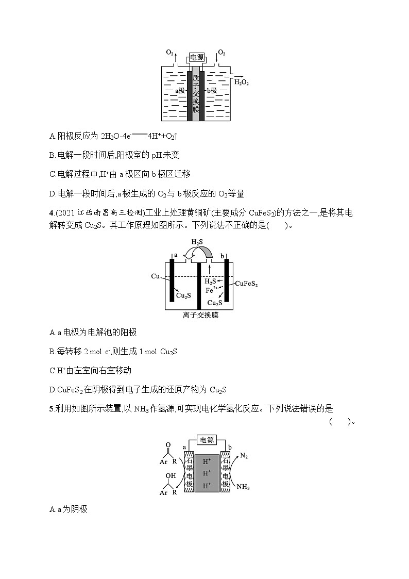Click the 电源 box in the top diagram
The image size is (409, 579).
click(x=196, y=58)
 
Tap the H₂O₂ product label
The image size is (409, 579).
click(x=242, y=82)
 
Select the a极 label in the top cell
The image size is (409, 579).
click(x=180, y=90)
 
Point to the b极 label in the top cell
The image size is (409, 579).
click(x=212, y=90)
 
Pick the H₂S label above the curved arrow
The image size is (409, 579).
click(x=197, y=242)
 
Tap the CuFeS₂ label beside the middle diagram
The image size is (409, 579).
click(x=246, y=284)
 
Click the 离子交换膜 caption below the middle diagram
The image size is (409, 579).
click(x=200, y=315)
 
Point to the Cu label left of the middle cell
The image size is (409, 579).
click(x=156, y=276)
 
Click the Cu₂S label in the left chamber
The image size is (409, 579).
click(x=183, y=295)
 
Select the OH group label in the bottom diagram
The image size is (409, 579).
click(x=170, y=476)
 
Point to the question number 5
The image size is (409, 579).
click(x=51, y=409)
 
